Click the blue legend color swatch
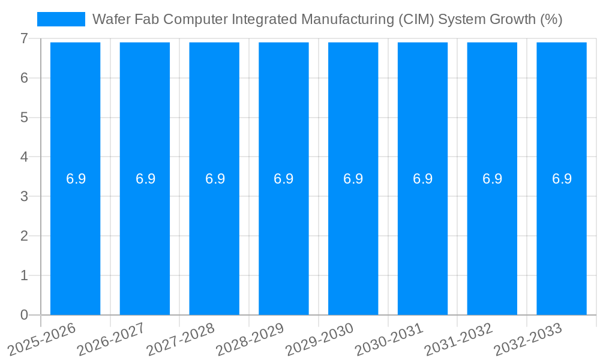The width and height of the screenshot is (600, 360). (61, 19)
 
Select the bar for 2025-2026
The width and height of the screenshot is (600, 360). (75, 240)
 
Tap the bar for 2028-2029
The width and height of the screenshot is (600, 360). (284, 240)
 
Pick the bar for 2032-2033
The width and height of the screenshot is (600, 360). (562, 240)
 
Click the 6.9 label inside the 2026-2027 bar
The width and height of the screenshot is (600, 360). (145, 179)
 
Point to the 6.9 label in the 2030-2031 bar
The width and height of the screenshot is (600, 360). (423, 179)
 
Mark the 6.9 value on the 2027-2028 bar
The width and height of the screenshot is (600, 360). (215, 179)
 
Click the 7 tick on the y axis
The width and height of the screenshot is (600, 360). (24, 38)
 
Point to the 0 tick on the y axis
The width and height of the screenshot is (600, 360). (24, 315)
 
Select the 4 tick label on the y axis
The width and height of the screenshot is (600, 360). (24, 157)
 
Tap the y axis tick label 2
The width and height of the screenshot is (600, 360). (24, 236)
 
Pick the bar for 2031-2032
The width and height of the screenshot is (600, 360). (492, 240)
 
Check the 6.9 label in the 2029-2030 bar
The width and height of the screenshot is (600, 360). (353, 179)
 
